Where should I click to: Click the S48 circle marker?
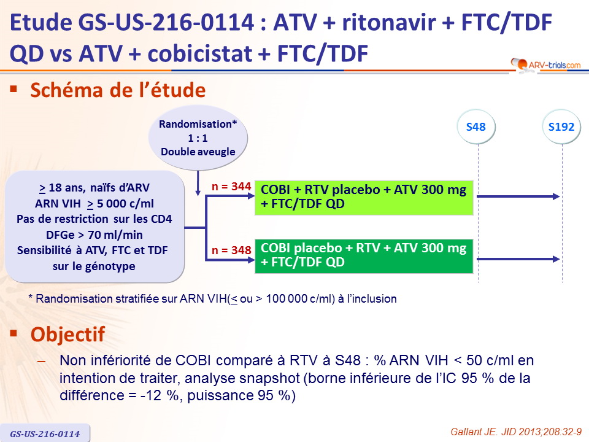(476, 126)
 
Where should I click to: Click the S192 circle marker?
(561, 126)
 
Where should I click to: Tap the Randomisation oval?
(198, 138)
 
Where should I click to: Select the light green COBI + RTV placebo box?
(364, 197)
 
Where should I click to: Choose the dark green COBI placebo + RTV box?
(364, 256)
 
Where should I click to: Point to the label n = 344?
(231, 187)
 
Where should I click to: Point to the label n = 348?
(231, 250)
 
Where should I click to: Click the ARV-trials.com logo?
(545, 64)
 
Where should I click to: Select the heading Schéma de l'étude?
(118, 90)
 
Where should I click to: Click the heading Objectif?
(67, 334)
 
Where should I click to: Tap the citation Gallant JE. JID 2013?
(516, 432)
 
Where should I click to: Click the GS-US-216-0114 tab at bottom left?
(45, 433)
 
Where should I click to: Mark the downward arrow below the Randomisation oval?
(198, 184)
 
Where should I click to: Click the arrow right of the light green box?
(518, 196)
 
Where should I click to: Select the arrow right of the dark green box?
(518, 259)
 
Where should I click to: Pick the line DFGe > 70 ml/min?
(94, 235)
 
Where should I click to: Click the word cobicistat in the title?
(199, 53)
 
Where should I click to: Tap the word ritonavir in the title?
(388, 22)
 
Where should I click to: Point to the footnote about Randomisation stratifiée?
(213, 299)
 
